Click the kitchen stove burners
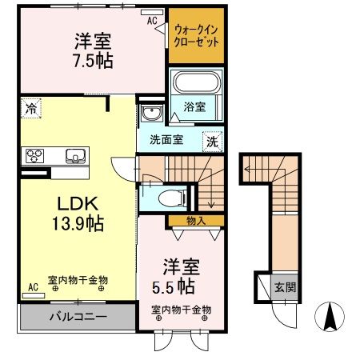[35, 155]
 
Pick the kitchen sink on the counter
[74, 155]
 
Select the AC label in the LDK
[33, 286]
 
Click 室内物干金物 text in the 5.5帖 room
[181, 309]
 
